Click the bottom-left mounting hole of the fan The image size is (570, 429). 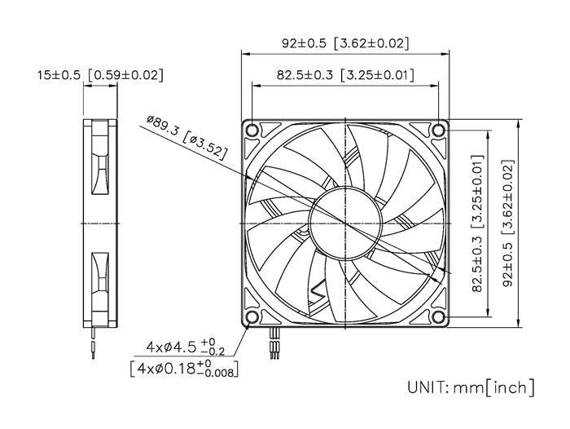pyautogui.click(x=252, y=317)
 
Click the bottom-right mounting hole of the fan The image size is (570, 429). pyautogui.click(x=439, y=317)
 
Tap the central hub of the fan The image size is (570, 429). pyautogui.click(x=345, y=223)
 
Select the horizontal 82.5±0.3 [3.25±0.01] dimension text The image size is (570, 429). pyautogui.click(x=345, y=75)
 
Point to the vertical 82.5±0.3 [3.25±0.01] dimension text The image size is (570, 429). pyautogui.click(x=478, y=223)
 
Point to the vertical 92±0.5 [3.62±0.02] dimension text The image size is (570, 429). pyautogui.click(x=509, y=223)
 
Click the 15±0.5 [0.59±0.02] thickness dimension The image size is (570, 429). pyautogui.click(x=99, y=75)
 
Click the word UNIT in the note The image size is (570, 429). pyautogui.click(x=425, y=387)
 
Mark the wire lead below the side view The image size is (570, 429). pyautogui.click(x=95, y=341)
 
